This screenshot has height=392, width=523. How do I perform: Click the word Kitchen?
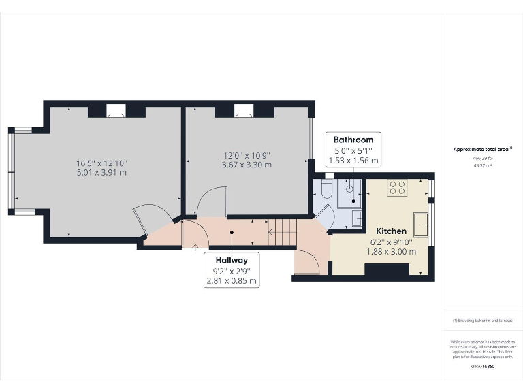(390, 231)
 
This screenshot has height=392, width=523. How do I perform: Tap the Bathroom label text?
(353, 140)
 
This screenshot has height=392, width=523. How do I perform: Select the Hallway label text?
(232, 260)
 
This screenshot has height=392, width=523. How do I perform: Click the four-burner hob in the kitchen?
(396, 188)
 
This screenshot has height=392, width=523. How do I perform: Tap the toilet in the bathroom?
(326, 191)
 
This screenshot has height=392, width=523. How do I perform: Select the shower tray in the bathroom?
(351, 191)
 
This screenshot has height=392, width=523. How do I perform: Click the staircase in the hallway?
(282, 232)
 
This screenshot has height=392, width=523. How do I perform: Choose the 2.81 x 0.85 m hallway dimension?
(232, 280)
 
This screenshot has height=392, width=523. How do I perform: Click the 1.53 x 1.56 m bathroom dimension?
(353, 161)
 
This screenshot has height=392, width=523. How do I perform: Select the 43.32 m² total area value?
(481, 165)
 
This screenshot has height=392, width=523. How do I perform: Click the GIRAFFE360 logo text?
(482, 367)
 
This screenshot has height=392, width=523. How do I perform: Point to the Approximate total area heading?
(481, 149)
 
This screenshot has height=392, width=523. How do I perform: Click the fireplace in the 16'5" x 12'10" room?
(116, 110)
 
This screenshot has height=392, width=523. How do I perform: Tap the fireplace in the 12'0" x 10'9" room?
(244, 110)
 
